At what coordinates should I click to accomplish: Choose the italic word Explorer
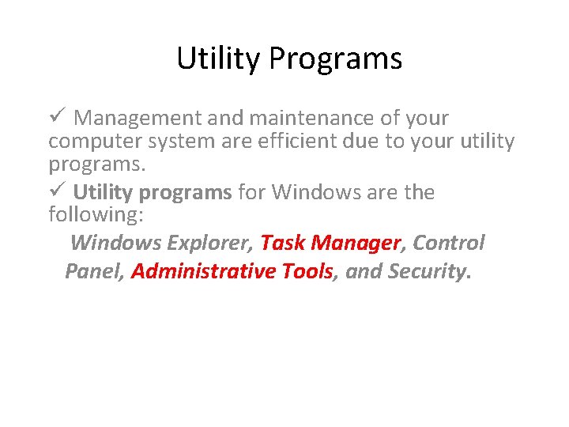coord(211,243)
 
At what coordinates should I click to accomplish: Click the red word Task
coord(282,243)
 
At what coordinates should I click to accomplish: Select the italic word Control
coord(449,243)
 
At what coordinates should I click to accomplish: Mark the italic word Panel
coord(92,272)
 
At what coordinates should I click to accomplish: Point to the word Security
coord(427,272)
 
